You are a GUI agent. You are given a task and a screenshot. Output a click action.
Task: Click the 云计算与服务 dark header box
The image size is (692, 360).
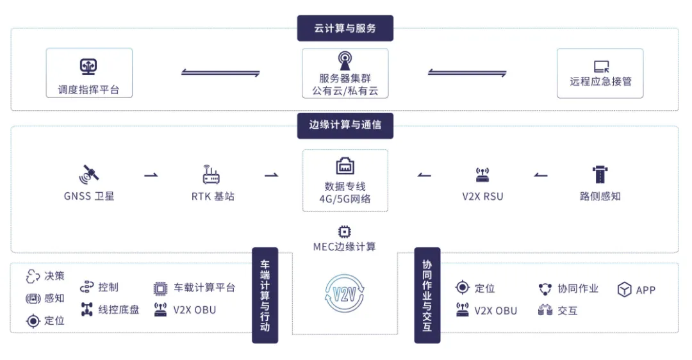345,29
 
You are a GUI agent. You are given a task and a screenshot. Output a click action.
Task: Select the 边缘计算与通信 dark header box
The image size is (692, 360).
345,125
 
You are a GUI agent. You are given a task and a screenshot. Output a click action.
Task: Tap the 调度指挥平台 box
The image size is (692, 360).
89,73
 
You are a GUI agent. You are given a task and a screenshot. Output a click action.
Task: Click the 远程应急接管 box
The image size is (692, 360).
600,73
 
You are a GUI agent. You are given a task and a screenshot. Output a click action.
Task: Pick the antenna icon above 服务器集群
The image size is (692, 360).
345,61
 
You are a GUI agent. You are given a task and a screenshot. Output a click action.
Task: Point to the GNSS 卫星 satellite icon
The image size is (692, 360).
88,174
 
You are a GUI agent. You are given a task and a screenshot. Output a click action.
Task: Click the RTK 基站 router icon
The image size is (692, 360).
211,174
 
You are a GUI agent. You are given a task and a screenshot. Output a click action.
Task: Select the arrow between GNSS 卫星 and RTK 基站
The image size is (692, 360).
151,175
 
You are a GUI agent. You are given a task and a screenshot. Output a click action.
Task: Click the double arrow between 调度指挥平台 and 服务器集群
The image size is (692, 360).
220,72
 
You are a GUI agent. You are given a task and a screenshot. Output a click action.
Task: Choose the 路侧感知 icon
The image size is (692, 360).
600,174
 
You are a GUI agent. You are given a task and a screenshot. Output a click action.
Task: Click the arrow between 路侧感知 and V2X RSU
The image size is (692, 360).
541,175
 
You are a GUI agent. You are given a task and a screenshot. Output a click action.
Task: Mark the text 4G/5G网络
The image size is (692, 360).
345,199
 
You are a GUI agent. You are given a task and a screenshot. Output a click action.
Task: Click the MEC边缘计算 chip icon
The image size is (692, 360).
345,232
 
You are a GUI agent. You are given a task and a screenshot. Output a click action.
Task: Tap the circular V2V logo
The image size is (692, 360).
345,293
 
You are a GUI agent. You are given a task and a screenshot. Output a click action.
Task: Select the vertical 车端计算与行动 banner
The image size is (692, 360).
265,295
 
